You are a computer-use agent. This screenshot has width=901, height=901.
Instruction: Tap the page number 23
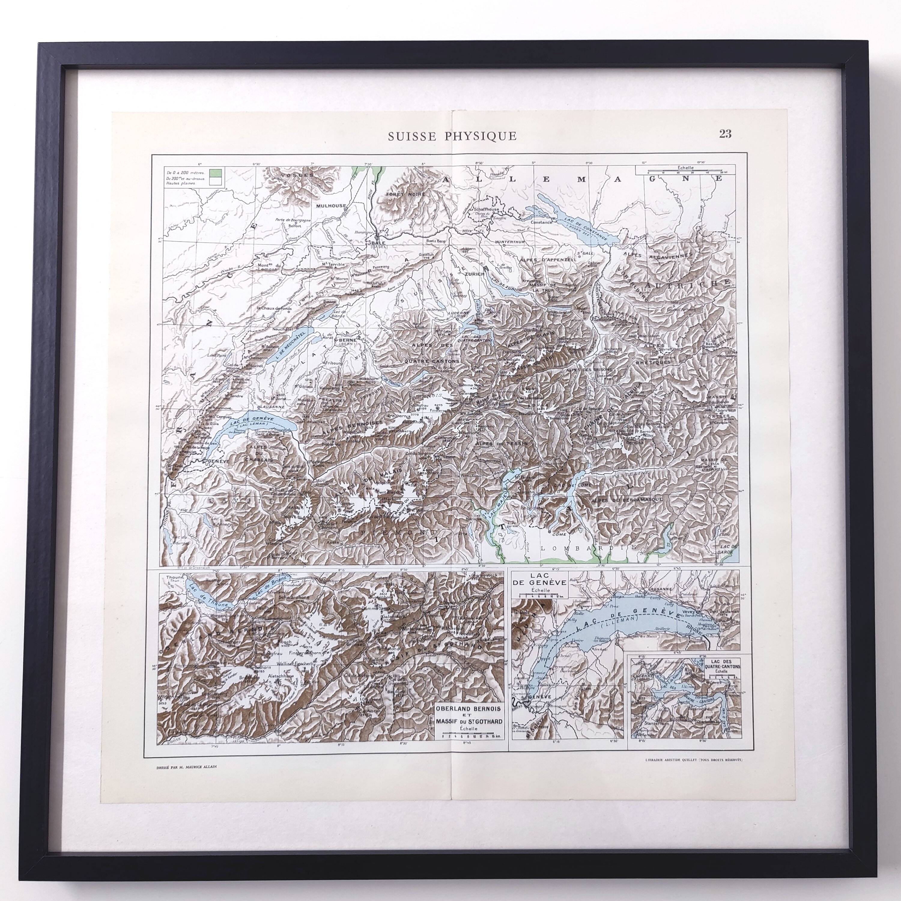(x=725, y=134)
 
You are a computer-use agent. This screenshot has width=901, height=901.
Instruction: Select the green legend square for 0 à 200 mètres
(x=215, y=172)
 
